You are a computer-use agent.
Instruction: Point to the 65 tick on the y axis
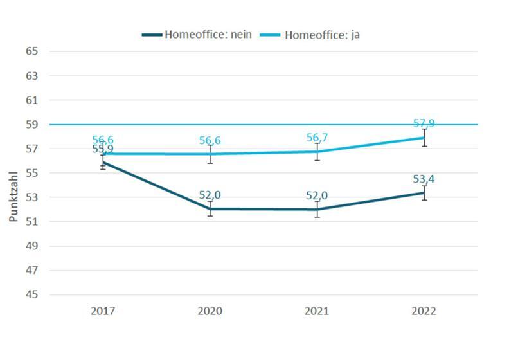[x=32, y=51]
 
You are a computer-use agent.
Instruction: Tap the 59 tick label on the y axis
[x=32, y=124]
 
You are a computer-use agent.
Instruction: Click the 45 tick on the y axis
[x=32, y=294]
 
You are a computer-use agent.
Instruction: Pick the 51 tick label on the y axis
[x=32, y=222]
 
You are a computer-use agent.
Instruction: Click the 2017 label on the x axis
[x=103, y=311]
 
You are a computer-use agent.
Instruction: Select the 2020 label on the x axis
[x=210, y=311]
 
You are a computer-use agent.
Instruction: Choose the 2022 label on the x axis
[x=424, y=311]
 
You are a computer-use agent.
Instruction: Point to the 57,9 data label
[x=424, y=123]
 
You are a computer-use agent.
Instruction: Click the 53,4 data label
[x=424, y=179]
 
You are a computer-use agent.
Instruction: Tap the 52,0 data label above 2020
[x=210, y=195]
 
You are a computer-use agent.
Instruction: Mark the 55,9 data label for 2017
[x=103, y=149]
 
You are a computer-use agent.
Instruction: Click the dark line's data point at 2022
[x=424, y=192]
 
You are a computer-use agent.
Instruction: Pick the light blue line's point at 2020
[x=210, y=154]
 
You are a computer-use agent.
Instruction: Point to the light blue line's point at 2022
[x=424, y=138]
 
